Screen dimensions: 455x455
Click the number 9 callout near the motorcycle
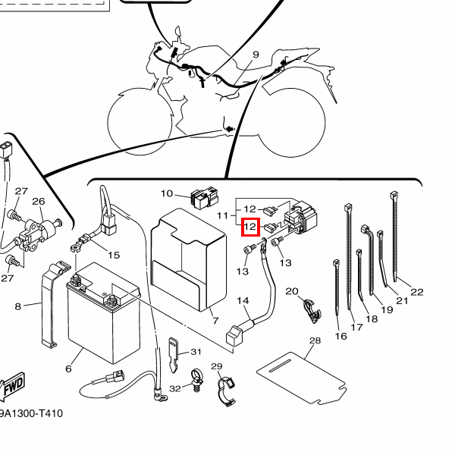[x=256, y=55]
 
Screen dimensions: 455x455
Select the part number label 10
[x=167, y=193]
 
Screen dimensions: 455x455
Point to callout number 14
[x=243, y=301]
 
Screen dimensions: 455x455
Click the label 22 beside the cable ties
[x=416, y=292]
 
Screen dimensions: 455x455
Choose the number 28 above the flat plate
[x=315, y=341]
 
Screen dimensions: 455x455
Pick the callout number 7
[x=215, y=321]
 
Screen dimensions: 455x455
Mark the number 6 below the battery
[x=68, y=369]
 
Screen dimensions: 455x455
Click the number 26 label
[x=39, y=201]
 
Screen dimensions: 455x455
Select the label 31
[x=195, y=351]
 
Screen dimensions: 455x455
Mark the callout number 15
[x=114, y=255]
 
